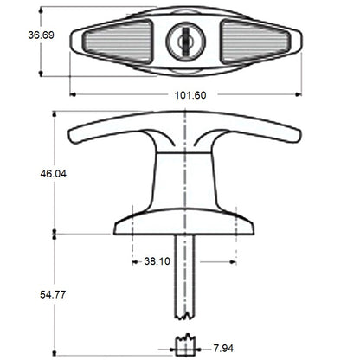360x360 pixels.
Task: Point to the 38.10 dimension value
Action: pos(157,260)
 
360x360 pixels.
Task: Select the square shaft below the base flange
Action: pos(185,268)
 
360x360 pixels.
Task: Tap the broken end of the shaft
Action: pos(185,312)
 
